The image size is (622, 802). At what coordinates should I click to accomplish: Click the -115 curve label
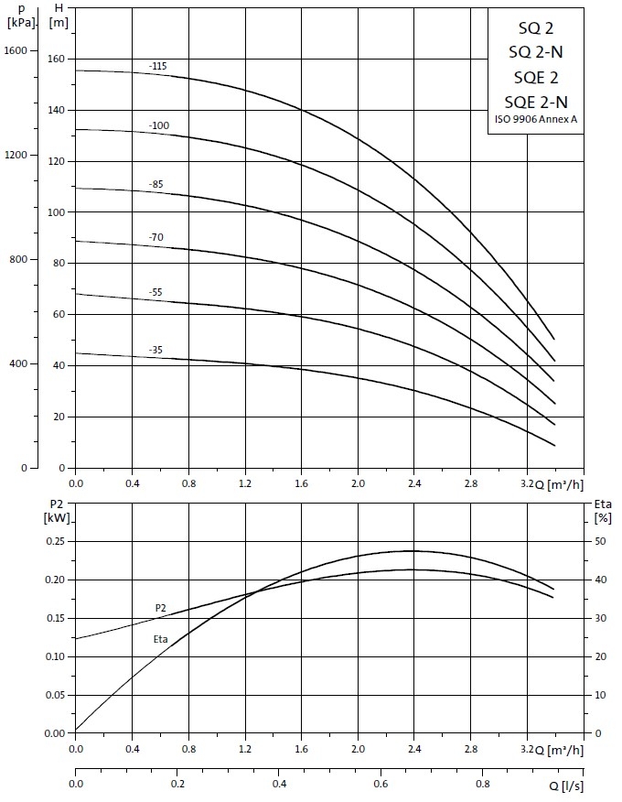coord(157,66)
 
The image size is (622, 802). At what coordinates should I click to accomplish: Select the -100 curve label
coord(158,125)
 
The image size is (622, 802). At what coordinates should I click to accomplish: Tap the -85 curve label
coord(155,184)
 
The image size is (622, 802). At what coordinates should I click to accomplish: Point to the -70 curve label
coord(155,238)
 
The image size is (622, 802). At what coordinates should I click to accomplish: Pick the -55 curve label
coord(155,292)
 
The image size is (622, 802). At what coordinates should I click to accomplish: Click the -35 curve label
coord(155,350)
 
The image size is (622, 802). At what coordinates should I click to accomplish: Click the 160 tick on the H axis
coord(57,59)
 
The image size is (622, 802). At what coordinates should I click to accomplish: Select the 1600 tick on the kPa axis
coord(20,49)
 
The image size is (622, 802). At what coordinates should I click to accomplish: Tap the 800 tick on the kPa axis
coord(22,259)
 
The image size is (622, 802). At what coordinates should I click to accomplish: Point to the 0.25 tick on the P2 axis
coord(53,541)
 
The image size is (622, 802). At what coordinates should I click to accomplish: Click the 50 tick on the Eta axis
coord(599,541)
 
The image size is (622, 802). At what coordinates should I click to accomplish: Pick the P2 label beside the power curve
coord(160,608)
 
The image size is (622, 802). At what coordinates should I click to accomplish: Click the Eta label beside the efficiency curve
coord(160,639)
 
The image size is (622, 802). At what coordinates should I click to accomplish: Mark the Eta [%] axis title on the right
coord(603,511)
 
